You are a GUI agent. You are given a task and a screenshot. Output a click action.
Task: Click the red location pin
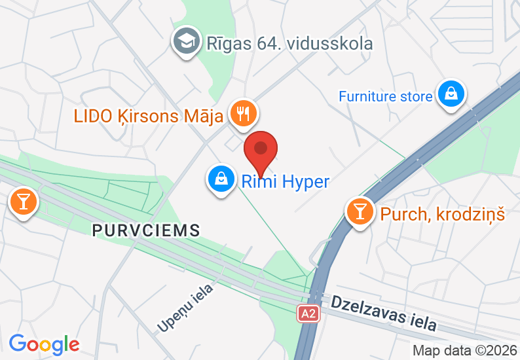point(261,152)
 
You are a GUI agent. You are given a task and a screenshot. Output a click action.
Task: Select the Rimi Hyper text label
point(285,181)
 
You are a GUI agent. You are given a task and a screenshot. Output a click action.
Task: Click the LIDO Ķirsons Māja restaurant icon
point(244,114)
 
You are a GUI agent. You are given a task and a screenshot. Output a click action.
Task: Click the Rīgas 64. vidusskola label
point(289,44)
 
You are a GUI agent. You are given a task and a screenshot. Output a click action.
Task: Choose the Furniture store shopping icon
point(451,94)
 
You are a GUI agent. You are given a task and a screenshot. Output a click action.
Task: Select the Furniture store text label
point(385,96)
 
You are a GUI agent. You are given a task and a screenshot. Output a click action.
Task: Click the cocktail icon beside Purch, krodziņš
point(360,211)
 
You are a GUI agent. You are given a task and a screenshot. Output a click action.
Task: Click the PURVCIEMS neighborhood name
point(145,230)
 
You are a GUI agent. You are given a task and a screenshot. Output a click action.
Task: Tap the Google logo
point(45,343)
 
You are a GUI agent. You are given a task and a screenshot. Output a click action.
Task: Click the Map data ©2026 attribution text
point(464,351)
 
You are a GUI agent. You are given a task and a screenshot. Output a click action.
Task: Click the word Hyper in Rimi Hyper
point(305,181)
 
